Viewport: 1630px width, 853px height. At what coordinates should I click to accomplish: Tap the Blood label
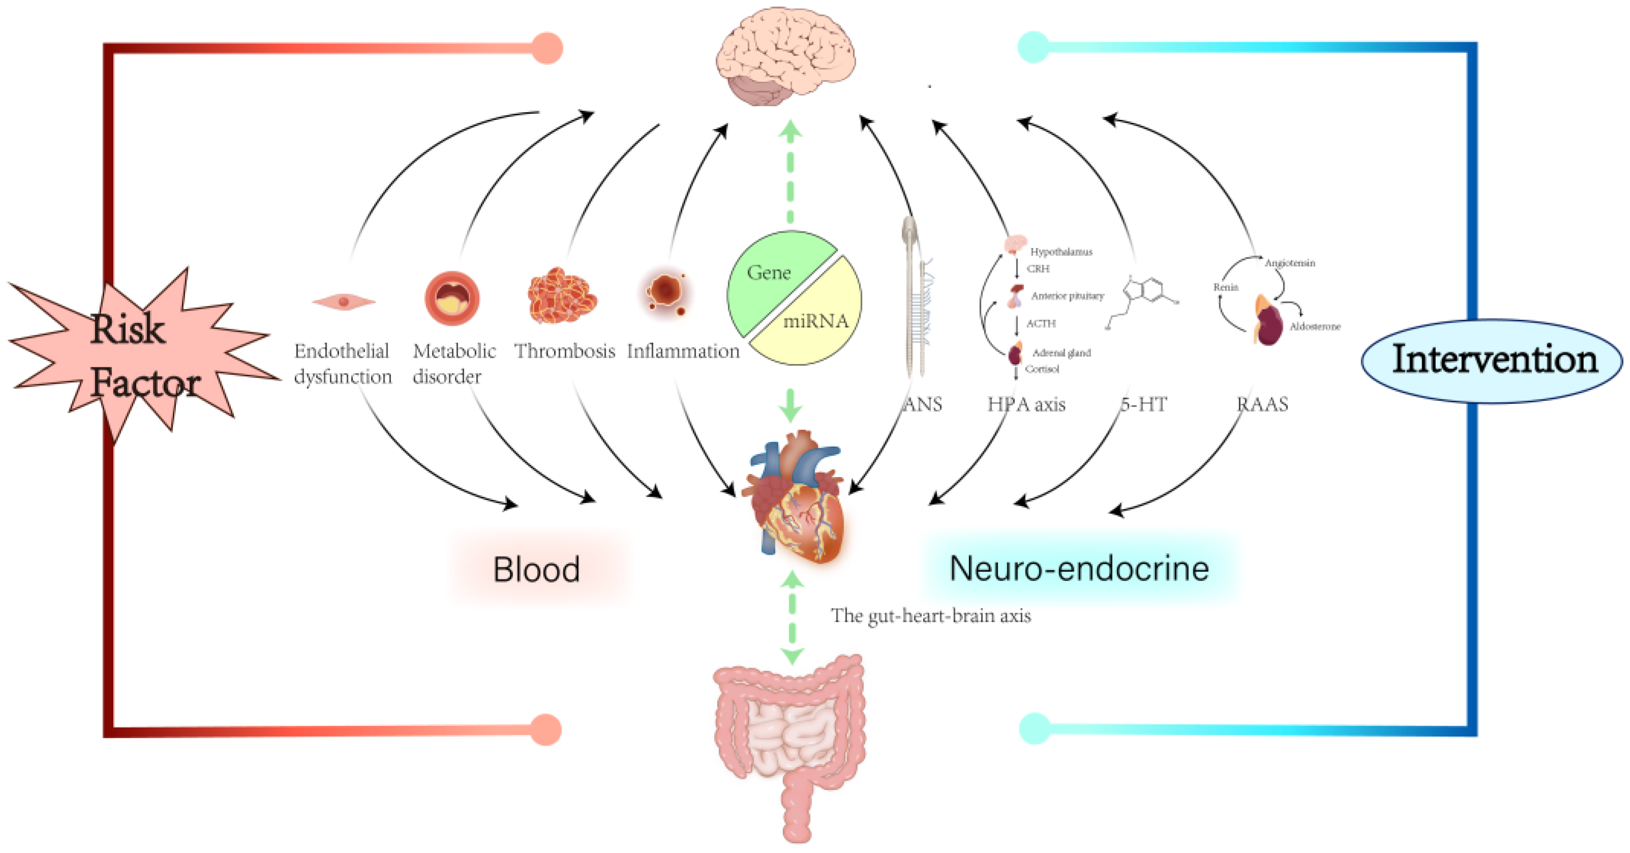click(537, 569)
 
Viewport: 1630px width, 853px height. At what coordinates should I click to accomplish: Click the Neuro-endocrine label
click(1079, 568)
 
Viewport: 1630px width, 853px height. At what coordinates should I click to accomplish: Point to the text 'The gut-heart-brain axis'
click(930, 615)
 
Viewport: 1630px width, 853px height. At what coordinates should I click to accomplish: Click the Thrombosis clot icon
click(561, 295)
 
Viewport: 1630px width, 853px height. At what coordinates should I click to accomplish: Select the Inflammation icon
click(666, 292)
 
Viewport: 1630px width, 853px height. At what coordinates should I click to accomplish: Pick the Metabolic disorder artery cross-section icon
click(452, 298)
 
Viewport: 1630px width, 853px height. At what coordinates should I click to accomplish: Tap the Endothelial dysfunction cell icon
click(344, 302)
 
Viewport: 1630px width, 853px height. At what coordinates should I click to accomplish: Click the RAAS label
click(1263, 404)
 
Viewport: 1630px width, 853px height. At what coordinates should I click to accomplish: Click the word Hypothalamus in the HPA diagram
click(1061, 251)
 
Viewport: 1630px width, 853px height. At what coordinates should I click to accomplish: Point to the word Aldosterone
click(1315, 326)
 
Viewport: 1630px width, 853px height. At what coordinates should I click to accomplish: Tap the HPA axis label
click(1026, 404)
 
